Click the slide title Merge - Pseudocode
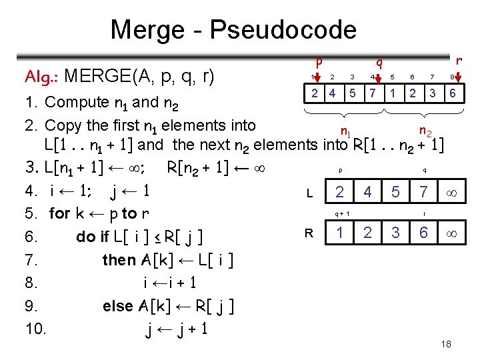point(233,30)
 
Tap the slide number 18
point(446,344)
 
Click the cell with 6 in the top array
point(453,93)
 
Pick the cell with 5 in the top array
point(353,93)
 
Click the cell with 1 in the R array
point(340,233)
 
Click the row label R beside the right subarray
point(309,233)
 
